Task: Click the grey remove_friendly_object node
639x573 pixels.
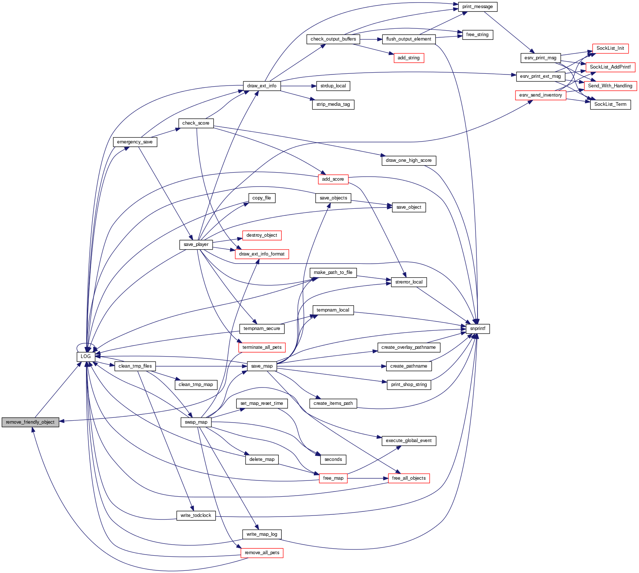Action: point(30,422)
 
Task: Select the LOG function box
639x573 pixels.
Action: point(86,357)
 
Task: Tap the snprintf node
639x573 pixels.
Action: point(477,329)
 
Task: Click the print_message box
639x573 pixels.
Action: point(477,7)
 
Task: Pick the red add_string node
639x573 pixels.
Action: point(409,58)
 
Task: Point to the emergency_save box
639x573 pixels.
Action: point(135,142)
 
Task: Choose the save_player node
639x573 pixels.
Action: point(196,244)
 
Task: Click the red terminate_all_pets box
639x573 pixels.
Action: point(262,347)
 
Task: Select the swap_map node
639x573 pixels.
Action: point(196,422)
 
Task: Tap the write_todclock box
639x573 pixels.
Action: point(196,515)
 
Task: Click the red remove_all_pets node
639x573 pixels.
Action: point(262,553)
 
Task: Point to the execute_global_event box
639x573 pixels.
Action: point(409,441)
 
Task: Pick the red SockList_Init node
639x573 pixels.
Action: point(610,48)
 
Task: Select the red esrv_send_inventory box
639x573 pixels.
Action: point(540,95)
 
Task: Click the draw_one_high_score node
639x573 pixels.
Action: point(409,160)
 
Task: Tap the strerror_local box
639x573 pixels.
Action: point(409,282)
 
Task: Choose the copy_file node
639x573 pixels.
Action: point(261,198)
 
